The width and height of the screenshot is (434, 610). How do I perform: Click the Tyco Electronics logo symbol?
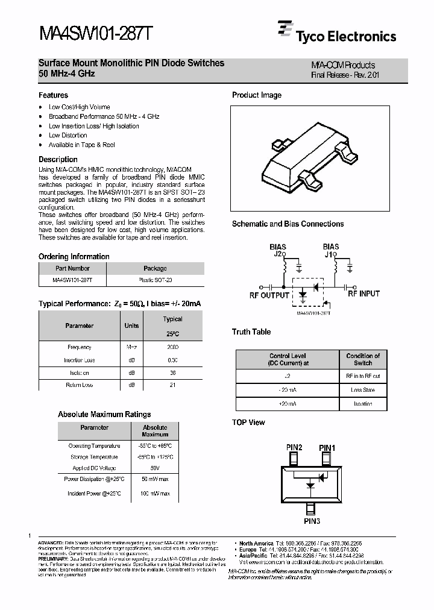pyautogui.click(x=285, y=29)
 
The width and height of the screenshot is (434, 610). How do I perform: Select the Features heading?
pyautogui.click(x=54, y=95)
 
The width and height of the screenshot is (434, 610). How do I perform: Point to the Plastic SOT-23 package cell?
pyautogui.click(x=155, y=281)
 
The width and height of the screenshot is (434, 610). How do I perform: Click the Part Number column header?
pyautogui.click(x=72, y=269)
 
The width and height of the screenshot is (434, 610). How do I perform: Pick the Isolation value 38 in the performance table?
pyautogui.click(x=173, y=373)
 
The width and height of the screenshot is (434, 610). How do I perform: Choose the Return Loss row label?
pyautogui.click(x=79, y=385)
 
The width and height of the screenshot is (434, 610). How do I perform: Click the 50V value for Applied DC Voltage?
pyautogui.click(x=155, y=468)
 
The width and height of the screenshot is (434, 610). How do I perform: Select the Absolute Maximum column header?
pyautogui.click(x=155, y=431)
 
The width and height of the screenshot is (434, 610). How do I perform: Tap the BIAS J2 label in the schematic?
pyautogui.click(x=278, y=250)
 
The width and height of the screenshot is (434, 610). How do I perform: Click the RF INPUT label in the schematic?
pyautogui.click(x=363, y=294)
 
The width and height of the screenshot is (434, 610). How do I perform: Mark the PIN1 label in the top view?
pyautogui.click(x=327, y=448)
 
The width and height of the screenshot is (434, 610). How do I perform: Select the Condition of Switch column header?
pyautogui.click(x=363, y=360)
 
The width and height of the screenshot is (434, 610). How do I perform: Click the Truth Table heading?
pyautogui.click(x=251, y=332)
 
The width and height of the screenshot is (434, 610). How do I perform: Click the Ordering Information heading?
pyautogui.click(x=74, y=256)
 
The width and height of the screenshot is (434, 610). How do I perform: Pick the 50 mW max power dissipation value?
pyautogui.click(x=155, y=479)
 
